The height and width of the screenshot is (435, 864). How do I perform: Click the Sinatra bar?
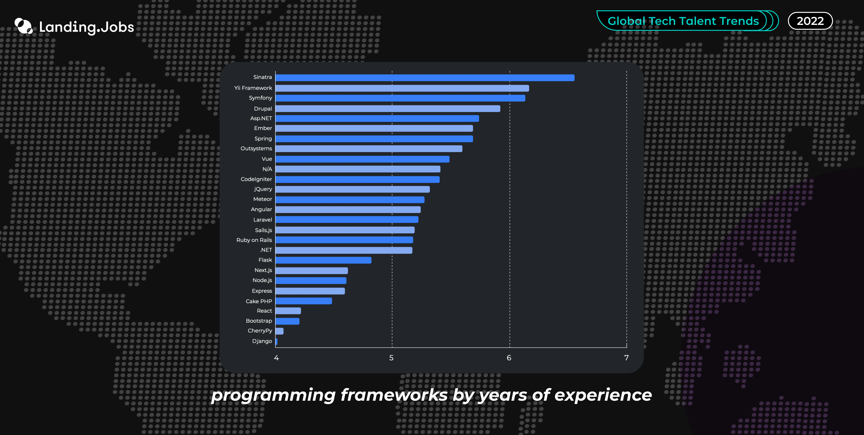pos(425,78)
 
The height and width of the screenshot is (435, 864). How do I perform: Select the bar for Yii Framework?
pos(402,88)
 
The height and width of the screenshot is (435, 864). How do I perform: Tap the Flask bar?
pos(323,260)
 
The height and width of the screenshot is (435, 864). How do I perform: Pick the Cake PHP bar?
pos(304,301)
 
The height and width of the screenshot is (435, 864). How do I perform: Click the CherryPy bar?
pos(279,331)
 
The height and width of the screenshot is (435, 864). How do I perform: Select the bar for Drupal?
pos(388,109)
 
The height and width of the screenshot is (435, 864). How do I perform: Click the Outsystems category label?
pos(256,148)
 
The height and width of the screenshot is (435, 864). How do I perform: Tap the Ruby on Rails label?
pos(254,240)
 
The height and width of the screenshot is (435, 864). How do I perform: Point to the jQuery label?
pos(263,189)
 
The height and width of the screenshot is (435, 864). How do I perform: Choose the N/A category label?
pos(267,169)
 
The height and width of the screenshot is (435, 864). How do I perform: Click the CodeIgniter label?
pos(256,179)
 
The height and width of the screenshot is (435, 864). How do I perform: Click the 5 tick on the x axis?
pos(391,358)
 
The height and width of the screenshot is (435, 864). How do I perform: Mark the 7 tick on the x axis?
pos(626,358)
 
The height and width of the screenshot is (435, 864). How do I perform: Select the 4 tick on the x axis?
pos(276,358)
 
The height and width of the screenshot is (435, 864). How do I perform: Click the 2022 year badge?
pos(810,21)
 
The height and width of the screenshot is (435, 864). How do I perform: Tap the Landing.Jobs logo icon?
pos(23,26)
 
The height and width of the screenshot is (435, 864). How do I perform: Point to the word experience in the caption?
pos(603,395)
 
